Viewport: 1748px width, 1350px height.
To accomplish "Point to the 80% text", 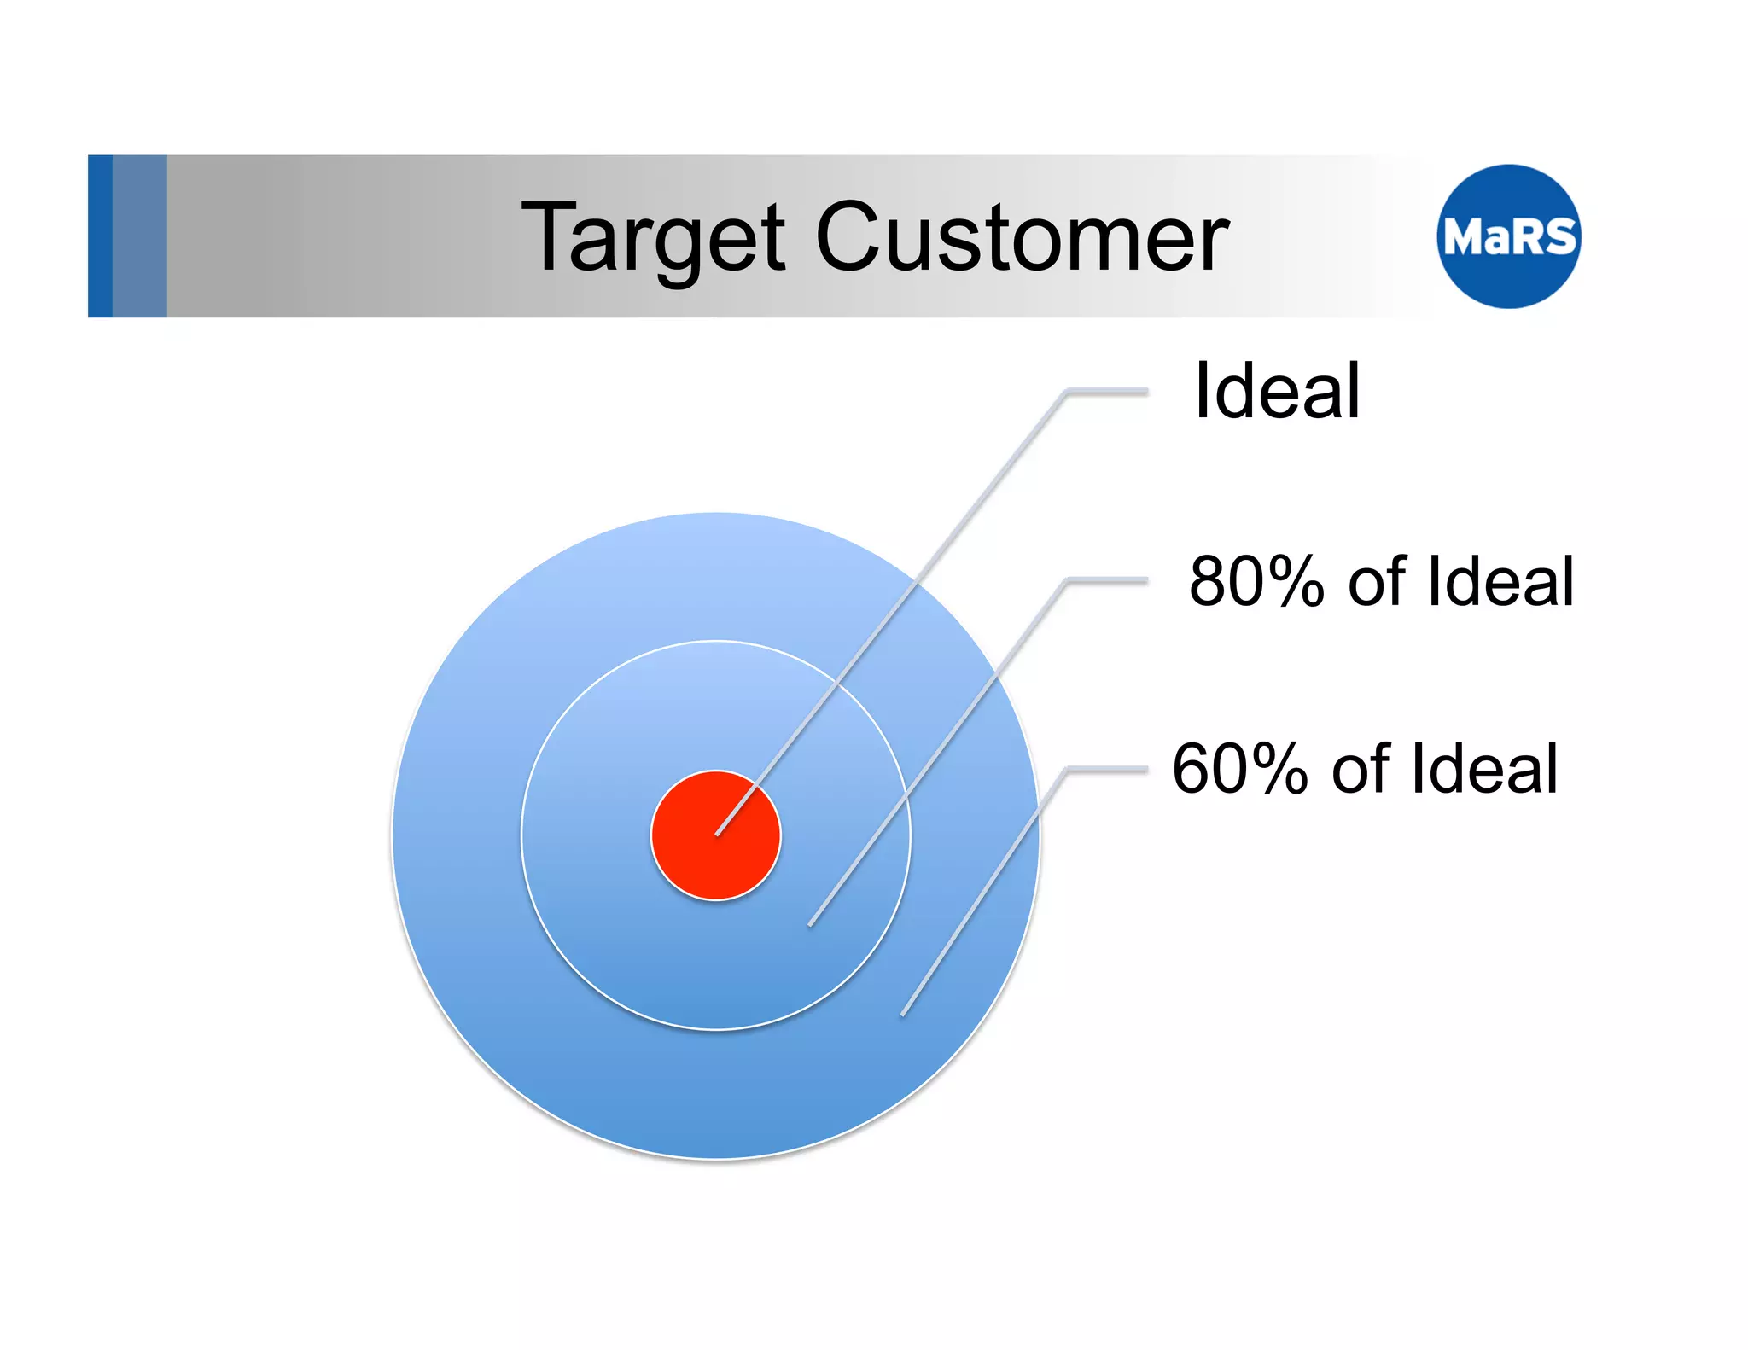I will click(x=1256, y=582).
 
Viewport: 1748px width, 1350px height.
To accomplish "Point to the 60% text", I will click(x=1240, y=769).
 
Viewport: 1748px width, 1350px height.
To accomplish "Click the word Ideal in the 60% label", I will click(x=1485, y=769).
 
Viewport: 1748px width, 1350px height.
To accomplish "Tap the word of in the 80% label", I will click(x=1376, y=582).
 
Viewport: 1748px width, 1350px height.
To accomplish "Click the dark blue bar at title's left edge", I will click(x=100, y=236).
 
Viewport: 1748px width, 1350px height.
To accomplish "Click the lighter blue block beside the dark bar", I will click(x=139, y=236).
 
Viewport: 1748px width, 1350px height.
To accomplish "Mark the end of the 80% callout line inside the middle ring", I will click(x=811, y=923).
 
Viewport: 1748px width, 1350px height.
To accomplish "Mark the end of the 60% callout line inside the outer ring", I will click(x=904, y=1013).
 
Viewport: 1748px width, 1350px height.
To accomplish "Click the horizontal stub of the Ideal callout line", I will click(x=1108, y=392).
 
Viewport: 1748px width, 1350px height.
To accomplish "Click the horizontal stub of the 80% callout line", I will click(x=1108, y=580).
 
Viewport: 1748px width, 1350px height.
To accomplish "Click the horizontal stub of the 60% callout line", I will click(x=1108, y=769).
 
